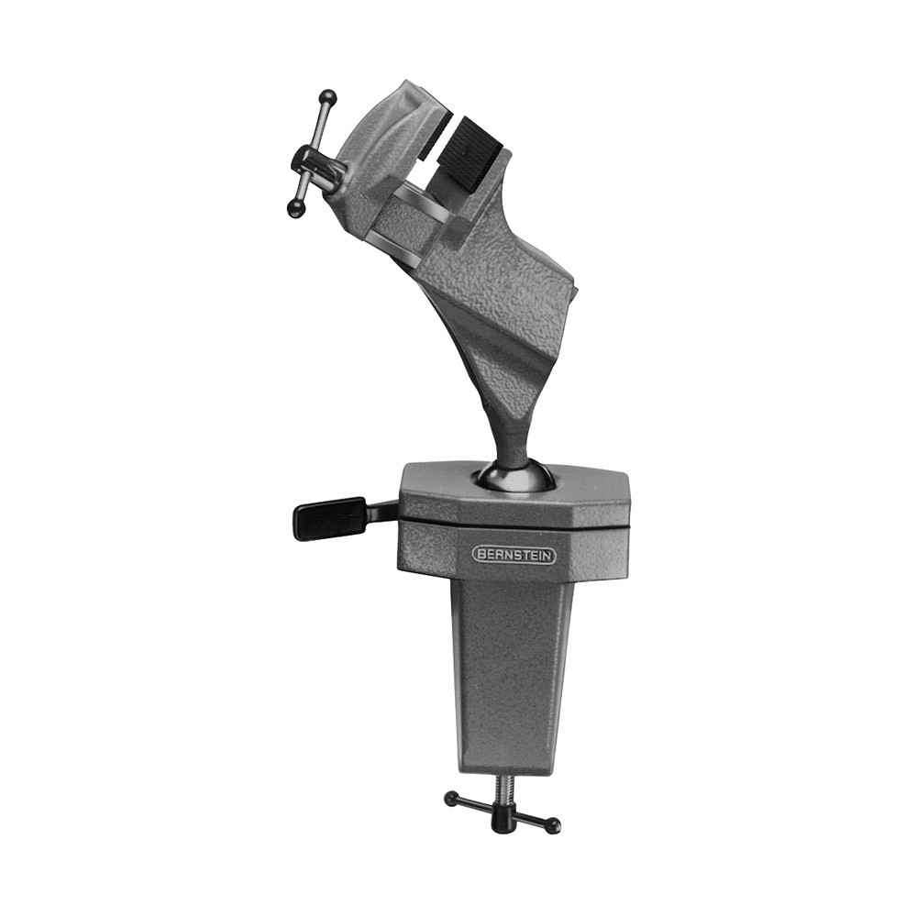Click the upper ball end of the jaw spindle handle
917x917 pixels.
[329, 98]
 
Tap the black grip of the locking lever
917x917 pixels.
[328, 517]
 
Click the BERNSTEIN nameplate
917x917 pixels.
[514, 556]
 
